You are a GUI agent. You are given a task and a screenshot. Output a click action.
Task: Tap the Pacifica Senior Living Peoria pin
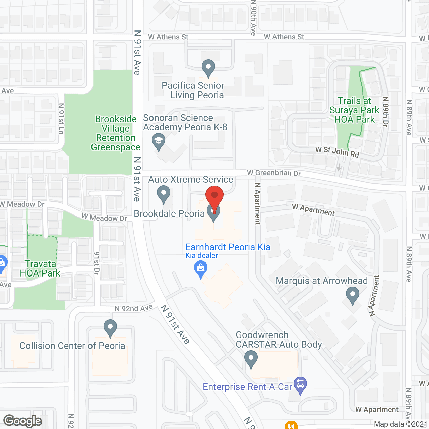coord(208,68)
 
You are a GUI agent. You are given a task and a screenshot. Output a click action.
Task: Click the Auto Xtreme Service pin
coord(164,194)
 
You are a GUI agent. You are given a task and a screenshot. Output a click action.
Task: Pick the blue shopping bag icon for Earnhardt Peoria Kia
coord(201,269)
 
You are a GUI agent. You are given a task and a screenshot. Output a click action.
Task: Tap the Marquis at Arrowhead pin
coord(352,296)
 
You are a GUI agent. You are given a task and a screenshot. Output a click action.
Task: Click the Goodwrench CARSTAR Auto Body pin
coord(251,359)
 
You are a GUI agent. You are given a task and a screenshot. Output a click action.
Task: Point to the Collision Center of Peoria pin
coord(110,327)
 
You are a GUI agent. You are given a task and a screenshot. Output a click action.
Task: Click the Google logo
coord(23,421)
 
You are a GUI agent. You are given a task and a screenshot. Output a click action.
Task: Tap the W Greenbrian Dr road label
coord(274,173)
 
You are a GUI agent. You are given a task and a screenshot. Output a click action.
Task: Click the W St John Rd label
coord(337,152)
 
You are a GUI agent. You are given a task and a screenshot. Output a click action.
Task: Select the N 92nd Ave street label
coord(134,308)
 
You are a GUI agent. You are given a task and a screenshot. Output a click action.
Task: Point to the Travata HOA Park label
coord(40,269)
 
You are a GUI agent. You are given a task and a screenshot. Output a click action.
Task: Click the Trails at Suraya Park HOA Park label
coord(354,110)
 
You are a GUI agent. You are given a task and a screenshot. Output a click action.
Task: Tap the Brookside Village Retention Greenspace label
coord(116,133)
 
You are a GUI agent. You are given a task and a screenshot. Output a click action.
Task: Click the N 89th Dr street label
coord(386,112)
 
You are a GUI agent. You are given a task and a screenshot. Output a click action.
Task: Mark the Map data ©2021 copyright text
coord(401,424)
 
